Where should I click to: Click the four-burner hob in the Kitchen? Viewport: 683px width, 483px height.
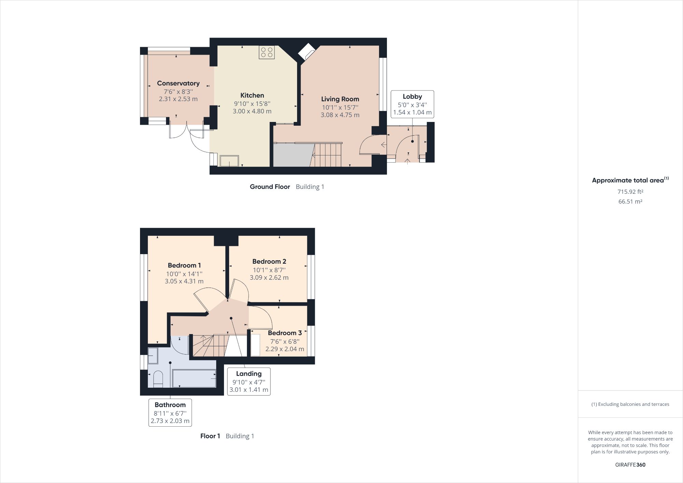tap(267, 52)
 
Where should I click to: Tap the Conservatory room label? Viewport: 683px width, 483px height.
tap(178, 83)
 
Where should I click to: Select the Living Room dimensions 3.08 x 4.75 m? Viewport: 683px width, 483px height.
tap(340, 115)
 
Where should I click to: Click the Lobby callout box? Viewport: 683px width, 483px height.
tap(412, 104)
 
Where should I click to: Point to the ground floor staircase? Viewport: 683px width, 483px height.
tap(327, 155)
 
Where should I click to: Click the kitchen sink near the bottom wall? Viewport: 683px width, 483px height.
tap(229, 161)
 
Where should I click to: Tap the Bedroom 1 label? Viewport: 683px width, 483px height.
tap(184, 265)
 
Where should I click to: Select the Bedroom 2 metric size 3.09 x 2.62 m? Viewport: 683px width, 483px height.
tap(269, 278)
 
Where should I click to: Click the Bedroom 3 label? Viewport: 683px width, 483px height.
tap(284, 333)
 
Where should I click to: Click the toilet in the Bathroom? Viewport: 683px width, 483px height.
tap(158, 379)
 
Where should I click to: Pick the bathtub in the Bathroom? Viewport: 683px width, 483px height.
tap(194, 378)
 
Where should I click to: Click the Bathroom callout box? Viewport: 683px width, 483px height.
tap(170, 413)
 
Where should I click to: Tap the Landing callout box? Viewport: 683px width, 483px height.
tap(249, 382)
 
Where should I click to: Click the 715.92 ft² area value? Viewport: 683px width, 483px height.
tap(630, 192)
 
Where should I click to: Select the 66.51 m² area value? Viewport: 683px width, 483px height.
tap(630, 202)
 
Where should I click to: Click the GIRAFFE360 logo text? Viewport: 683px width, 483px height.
tap(630, 465)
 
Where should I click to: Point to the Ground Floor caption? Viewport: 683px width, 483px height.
tap(270, 187)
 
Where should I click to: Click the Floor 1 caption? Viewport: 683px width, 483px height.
tap(210, 436)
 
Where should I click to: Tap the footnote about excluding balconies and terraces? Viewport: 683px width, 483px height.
tap(630, 404)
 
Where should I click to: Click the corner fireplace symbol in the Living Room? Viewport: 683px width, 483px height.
tap(306, 52)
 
